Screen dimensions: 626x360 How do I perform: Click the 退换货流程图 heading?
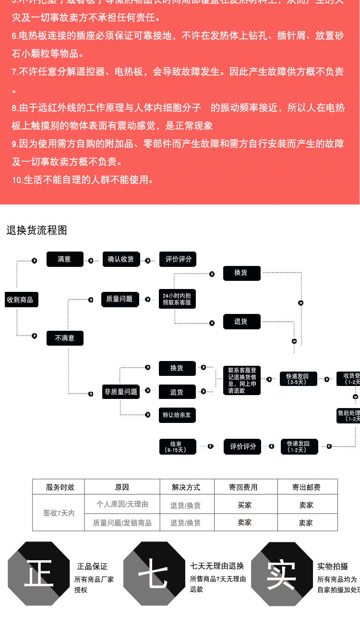[x=36, y=230]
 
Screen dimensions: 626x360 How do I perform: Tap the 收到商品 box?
[x=21, y=300]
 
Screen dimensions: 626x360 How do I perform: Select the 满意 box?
[x=65, y=259]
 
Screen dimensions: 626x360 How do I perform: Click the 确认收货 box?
[x=120, y=259]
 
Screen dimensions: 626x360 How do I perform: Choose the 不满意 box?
[x=65, y=338]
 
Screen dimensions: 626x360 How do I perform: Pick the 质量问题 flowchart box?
[x=120, y=299]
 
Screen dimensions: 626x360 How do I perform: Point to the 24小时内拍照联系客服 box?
[x=177, y=299]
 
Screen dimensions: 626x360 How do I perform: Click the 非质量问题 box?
[x=120, y=392]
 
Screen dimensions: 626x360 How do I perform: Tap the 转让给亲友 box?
[x=177, y=415]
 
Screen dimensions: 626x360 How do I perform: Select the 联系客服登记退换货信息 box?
[x=242, y=381]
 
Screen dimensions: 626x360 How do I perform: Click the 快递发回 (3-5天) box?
[x=298, y=379]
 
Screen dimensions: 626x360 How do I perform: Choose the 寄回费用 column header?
[x=243, y=487]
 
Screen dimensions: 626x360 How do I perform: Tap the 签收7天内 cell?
[x=59, y=513]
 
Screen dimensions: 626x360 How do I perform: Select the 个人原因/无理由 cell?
[x=122, y=505]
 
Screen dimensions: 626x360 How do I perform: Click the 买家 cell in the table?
[x=244, y=505]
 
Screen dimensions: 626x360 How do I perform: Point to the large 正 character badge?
[x=38, y=573]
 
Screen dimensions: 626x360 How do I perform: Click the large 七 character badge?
[x=154, y=573]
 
